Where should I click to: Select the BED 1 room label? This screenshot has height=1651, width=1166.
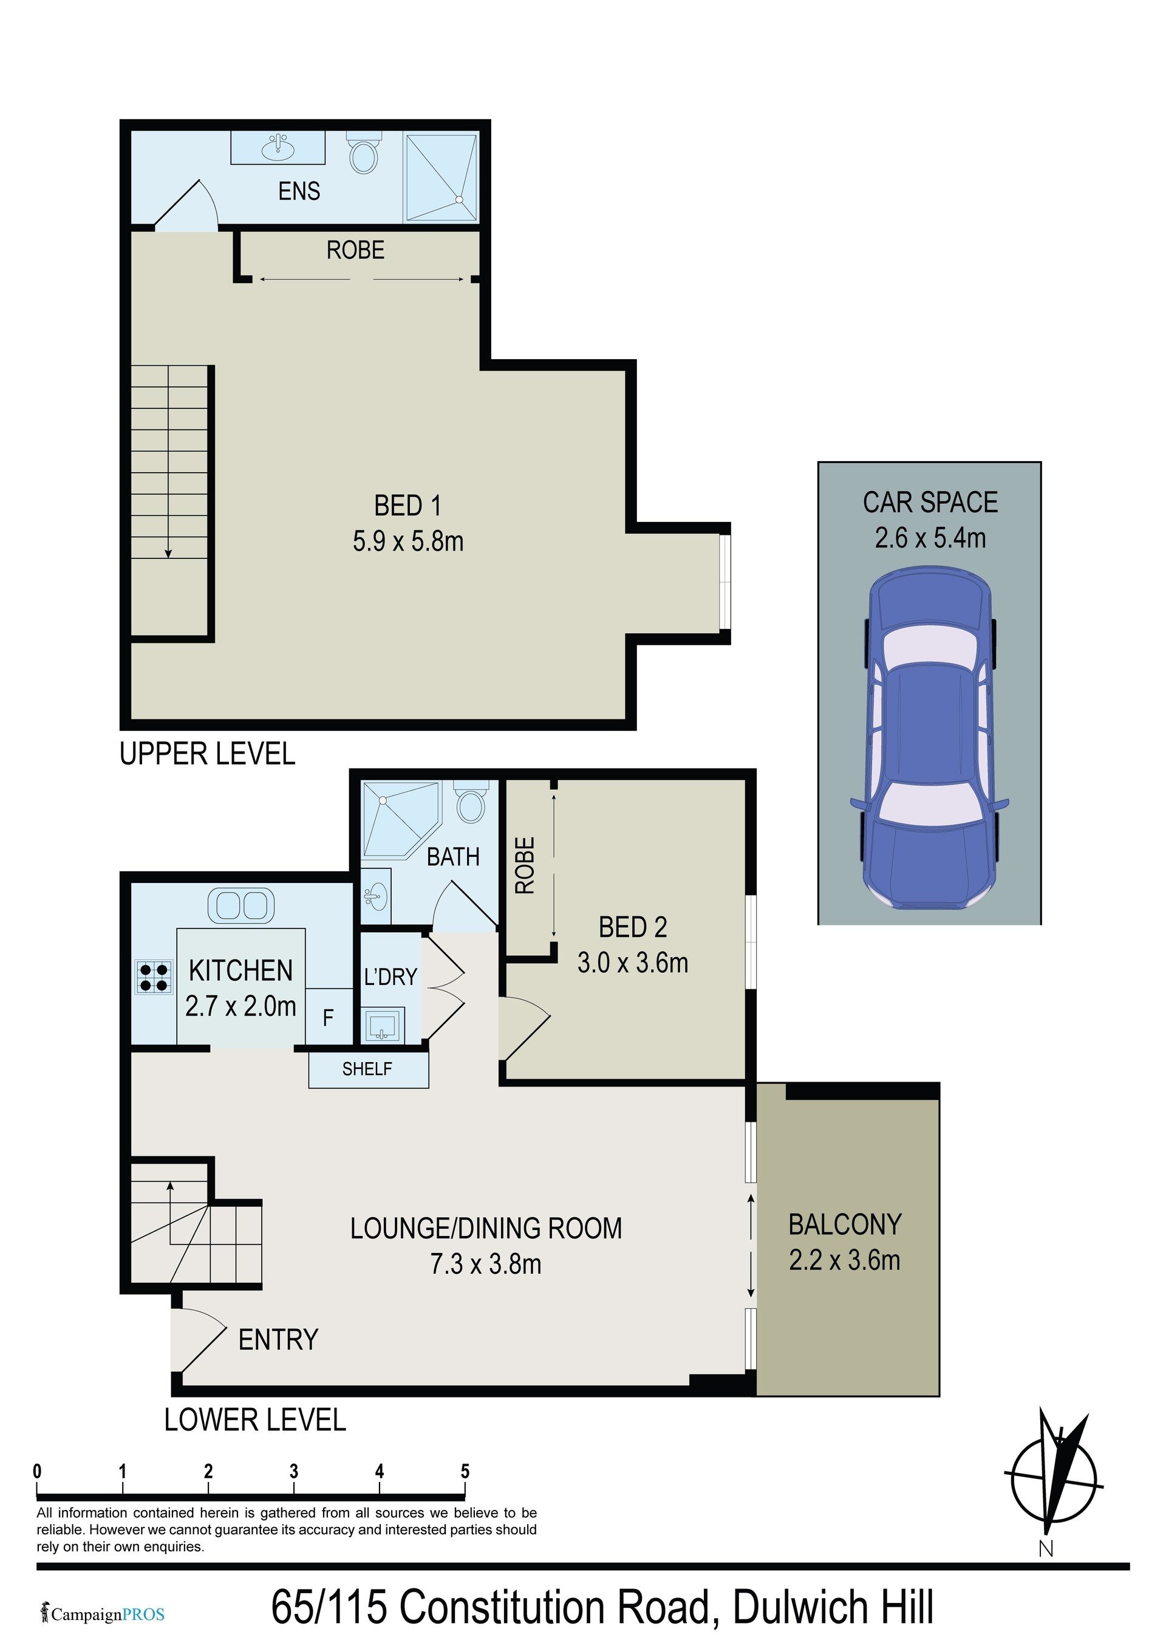(x=407, y=506)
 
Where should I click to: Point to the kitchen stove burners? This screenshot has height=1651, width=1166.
(x=154, y=977)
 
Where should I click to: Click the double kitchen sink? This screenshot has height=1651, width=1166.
(x=241, y=905)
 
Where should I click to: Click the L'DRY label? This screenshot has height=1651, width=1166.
(x=390, y=977)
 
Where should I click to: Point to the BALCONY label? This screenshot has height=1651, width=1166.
(x=845, y=1224)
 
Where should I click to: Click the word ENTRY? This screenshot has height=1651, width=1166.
(x=278, y=1340)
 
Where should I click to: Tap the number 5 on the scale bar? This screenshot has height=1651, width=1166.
(x=465, y=1471)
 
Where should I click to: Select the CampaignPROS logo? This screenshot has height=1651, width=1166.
(x=103, y=1615)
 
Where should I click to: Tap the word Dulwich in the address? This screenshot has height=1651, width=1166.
(x=796, y=1608)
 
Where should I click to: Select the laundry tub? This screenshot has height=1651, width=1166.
(x=384, y=1025)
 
